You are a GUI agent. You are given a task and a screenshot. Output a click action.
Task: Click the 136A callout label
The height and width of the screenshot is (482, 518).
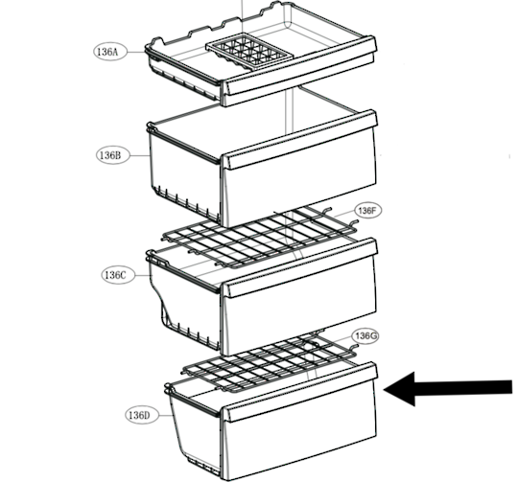tap(110, 52)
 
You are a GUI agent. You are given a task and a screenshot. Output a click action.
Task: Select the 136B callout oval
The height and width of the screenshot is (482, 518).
tap(113, 155)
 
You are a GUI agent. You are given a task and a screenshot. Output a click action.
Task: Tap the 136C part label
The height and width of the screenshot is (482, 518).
tap(118, 275)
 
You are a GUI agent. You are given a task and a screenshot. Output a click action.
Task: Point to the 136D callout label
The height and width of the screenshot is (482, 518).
tap(142, 415)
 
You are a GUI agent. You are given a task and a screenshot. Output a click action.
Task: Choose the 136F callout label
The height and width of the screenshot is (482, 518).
tap(368, 210)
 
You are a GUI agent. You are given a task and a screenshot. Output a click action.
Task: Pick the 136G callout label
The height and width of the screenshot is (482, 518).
tap(365, 336)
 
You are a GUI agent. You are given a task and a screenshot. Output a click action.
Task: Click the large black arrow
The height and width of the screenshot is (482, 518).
tap(448, 389)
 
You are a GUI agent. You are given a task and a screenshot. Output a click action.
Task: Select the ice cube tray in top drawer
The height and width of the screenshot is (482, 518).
tap(249, 52)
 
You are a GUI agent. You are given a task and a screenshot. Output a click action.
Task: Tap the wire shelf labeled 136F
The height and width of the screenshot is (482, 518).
tap(260, 237)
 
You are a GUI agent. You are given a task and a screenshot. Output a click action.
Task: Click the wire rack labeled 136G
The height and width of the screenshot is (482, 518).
tap(270, 361)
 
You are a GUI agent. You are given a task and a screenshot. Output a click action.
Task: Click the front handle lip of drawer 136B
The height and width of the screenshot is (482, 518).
tap(299, 140)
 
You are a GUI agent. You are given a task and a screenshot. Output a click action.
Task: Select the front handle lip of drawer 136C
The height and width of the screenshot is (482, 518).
tap(299, 268)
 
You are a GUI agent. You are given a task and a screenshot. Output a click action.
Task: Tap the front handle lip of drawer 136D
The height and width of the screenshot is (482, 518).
tap(299, 392)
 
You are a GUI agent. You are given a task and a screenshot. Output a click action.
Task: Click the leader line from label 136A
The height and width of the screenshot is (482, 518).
tap(136, 52)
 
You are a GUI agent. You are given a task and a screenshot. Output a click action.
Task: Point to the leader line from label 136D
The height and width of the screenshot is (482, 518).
tap(166, 415)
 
